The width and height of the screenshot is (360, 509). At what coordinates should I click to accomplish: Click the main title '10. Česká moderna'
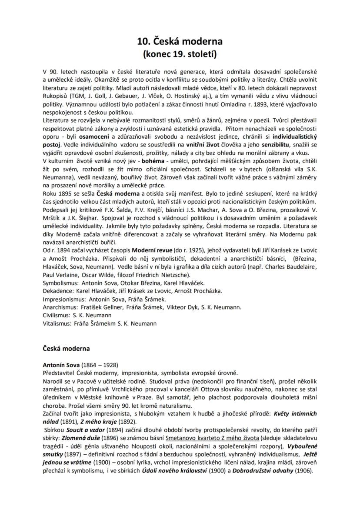pyautogui.click(x=180, y=41)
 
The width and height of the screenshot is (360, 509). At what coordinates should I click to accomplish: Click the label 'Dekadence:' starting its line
pyautogui.click(x=58, y=291)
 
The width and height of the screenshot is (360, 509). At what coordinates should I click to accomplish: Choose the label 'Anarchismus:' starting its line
pyautogui.click(x=61, y=307)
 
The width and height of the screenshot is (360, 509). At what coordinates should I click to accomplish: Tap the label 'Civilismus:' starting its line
pyautogui.click(x=57, y=315)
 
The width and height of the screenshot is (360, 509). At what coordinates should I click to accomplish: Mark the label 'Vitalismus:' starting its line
pyautogui.click(x=57, y=323)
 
